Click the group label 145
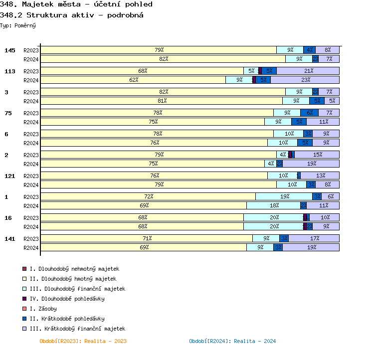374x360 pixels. coord(10,51)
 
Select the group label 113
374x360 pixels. coord(10,72)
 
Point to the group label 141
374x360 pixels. coord(10,239)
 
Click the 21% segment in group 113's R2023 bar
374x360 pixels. coord(308,71)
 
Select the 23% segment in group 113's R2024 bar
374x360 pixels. coord(305,80)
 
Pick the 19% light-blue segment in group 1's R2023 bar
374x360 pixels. coord(284,196)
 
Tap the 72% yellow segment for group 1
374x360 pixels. coord(148,196)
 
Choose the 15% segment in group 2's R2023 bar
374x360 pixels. coord(317,155)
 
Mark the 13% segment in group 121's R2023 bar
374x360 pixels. coord(320,176)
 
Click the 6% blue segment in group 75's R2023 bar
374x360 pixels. coord(309,113)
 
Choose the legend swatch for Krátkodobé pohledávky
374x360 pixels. coord(24,319)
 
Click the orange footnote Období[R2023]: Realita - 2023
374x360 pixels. coord(83,341)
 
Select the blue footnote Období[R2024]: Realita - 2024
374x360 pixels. coord(232,341)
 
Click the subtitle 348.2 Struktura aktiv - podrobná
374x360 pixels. coord(72,15)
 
